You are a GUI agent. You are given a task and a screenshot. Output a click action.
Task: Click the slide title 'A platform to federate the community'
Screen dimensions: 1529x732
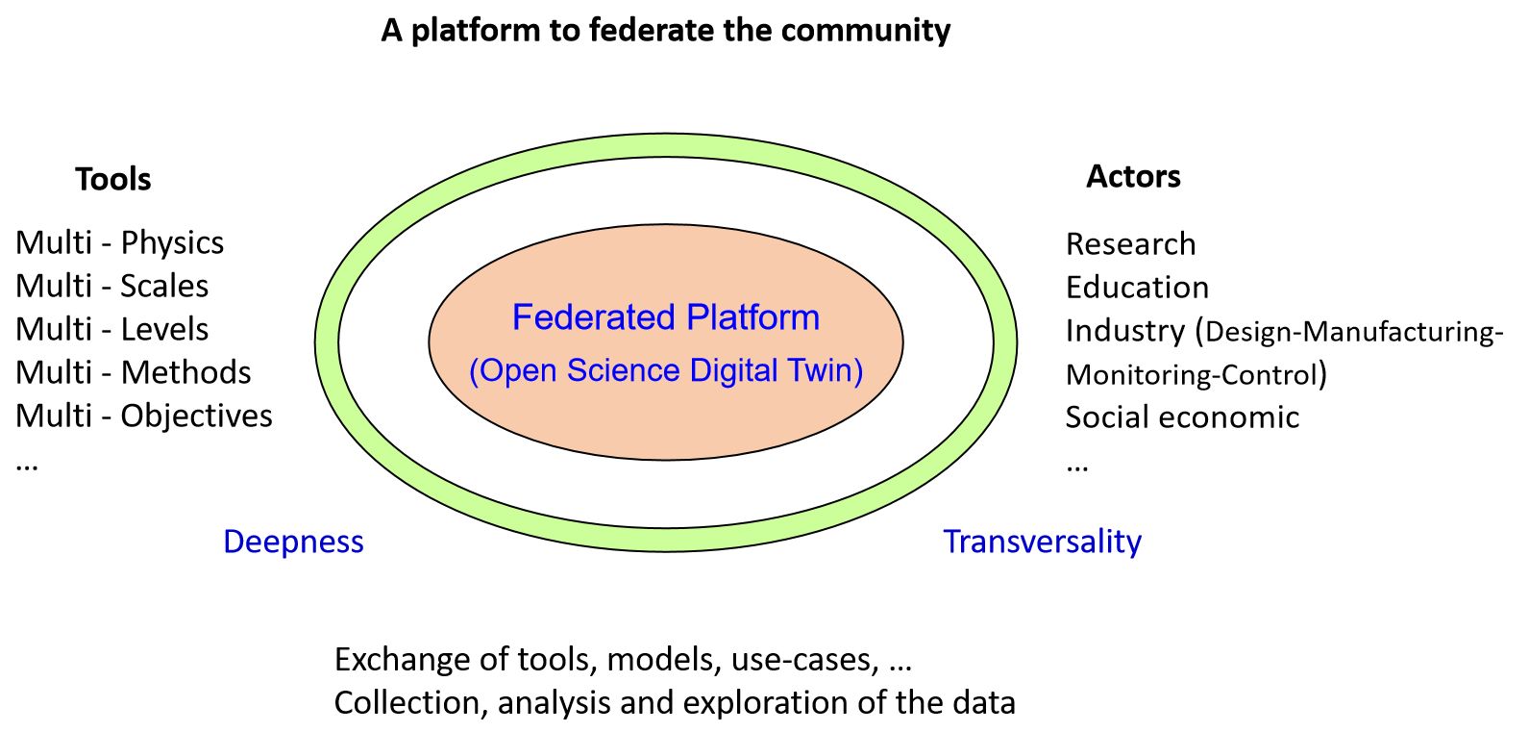pos(666,31)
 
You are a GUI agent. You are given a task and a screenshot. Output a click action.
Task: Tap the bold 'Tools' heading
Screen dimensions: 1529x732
pos(112,179)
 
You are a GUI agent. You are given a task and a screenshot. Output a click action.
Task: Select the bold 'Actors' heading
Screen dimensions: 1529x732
pos(1133,176)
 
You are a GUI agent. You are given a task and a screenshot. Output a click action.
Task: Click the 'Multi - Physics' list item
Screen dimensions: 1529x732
pos(119,243)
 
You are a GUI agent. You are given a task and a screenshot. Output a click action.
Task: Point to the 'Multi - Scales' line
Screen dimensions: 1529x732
pos(111,286)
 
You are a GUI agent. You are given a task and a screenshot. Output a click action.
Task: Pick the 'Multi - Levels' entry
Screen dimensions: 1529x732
pos(111,329)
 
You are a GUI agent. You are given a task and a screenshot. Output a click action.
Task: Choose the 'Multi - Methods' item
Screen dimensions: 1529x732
pos(134,372)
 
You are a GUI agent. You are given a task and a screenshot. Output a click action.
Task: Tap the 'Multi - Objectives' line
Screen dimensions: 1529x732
pos(144,416)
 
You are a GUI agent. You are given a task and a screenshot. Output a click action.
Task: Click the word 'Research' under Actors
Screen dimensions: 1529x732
pos(1131,244)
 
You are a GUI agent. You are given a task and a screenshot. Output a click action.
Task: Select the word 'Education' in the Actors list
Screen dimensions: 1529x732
pos(1137,287)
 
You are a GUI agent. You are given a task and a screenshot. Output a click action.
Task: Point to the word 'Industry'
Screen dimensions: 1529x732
pos(1125,332)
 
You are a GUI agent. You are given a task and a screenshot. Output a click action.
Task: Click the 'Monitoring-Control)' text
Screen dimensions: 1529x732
pos(1196,374)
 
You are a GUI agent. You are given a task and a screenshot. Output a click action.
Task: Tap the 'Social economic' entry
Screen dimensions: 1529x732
pos(1183,416)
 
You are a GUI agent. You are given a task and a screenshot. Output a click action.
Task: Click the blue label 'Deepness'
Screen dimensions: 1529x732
pos(293,542)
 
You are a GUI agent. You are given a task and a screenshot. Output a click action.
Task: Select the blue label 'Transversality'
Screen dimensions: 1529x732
pos(1043,542)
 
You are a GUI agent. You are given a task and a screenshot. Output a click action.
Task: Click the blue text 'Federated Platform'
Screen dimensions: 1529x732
pos(666,317)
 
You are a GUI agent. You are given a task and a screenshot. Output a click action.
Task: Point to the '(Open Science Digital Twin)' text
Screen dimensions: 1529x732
pos(666,370)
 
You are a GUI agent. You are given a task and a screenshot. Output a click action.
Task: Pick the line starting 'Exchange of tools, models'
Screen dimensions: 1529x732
pos(623,660)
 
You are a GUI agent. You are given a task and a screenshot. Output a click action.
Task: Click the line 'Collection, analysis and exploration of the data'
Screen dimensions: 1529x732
pos(675,703)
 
